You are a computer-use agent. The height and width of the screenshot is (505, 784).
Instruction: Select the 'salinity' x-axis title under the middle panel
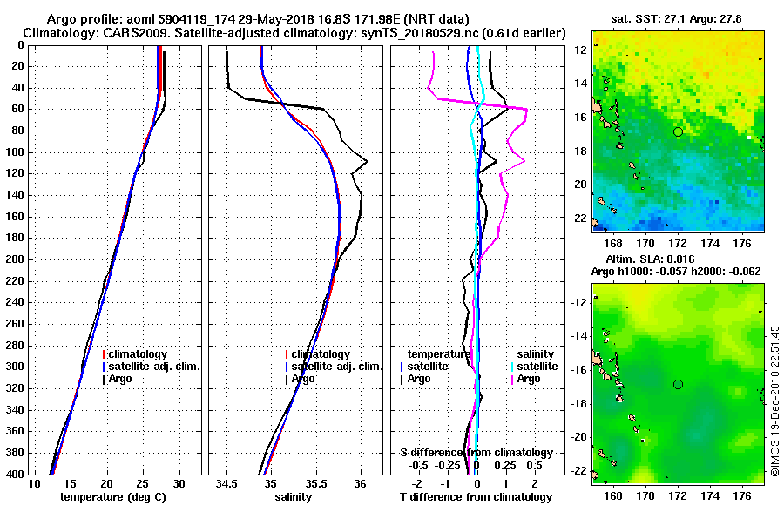coord(292,497)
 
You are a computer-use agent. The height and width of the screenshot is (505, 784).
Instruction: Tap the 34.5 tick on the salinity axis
coord(227,483)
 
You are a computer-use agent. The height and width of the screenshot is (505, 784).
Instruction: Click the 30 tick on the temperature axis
coord(179,483)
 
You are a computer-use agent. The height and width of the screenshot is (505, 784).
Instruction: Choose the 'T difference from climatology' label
coord(476,497)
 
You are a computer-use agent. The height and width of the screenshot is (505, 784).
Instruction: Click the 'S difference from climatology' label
coord(476,453)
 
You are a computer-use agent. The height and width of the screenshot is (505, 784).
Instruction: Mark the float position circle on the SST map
coord(678,131)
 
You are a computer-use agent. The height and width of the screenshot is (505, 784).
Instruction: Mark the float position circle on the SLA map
coord(678,384)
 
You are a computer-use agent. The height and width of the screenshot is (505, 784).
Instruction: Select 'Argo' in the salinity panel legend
coord(303,379)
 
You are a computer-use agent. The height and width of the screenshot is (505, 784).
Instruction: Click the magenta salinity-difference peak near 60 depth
coord(526,108)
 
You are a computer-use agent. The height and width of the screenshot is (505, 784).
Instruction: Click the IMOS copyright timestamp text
coord(775,401)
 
